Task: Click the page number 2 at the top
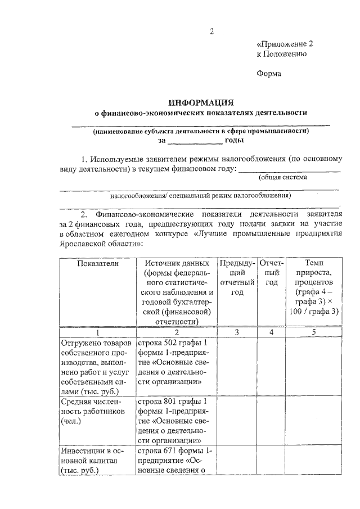(212, 31)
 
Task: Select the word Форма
(268, 73)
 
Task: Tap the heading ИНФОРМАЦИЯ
(201, 102)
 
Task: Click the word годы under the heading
(233, 140)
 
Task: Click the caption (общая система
(282, 178)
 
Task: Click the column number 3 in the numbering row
(237, 332)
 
